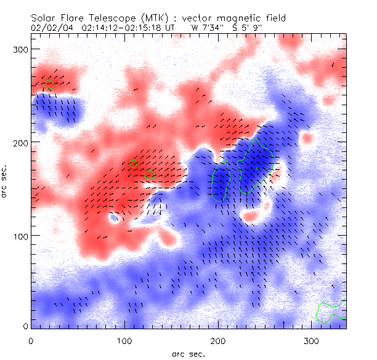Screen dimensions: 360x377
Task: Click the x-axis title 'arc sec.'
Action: click(x=188, y=354)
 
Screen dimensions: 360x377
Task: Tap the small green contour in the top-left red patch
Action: click(x=50, y=83)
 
